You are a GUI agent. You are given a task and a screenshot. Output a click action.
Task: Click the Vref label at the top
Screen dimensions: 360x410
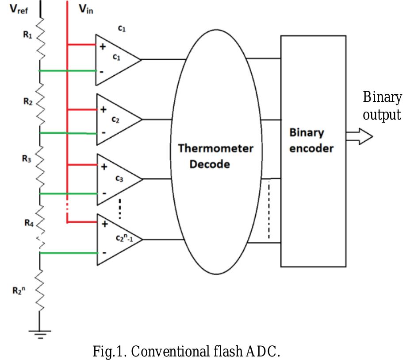[x=19, y=9]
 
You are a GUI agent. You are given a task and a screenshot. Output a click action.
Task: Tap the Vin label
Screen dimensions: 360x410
[x=86, y=9]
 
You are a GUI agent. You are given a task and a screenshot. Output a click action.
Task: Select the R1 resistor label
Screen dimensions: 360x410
[x=27, y=35]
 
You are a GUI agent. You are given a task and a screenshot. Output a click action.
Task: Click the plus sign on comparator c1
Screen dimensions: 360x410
[x=103, y=46]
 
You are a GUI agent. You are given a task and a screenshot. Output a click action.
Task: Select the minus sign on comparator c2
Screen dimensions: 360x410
[x=103, y=132]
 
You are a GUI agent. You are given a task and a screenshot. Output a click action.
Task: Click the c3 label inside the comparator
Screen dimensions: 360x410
[x=119, y=178]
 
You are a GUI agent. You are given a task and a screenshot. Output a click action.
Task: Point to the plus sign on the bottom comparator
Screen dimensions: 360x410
[x=104, y=224]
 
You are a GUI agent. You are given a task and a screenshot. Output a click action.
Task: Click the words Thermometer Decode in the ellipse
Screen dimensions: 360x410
[x=215, y=156]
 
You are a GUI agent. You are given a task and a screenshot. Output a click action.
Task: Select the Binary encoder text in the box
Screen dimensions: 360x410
[x=311, y=140]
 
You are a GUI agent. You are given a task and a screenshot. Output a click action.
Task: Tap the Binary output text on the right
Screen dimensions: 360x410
[x=382, y=106]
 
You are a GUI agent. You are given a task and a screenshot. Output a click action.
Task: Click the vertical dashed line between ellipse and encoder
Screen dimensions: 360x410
[x=268, y=208]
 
